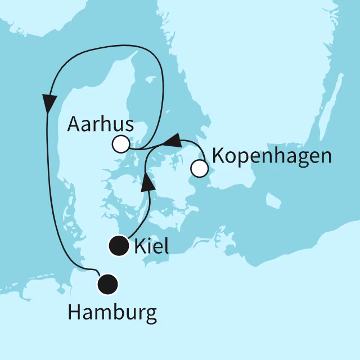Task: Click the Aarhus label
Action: [100, 125]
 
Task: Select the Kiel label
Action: [152, 246]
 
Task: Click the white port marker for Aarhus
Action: [120, 145]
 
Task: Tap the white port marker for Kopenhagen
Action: [199, 168]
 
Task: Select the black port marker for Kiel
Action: [119, 246]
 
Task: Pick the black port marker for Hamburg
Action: [107, 285]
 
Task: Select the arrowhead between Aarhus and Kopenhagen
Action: [174, 140]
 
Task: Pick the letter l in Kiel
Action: [166, 246]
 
